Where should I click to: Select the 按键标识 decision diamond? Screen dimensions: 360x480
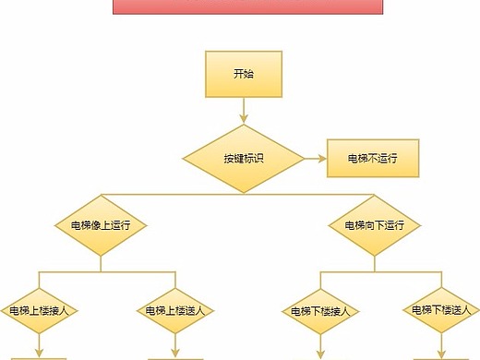244,158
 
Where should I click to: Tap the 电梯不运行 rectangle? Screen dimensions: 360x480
372,159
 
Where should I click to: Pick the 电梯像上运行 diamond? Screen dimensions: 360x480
101,224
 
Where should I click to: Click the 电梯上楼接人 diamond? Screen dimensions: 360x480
39,309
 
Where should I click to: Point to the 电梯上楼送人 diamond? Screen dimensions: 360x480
175,309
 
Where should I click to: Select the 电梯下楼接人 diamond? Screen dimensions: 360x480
320,310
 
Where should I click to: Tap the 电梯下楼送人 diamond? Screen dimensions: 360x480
440,309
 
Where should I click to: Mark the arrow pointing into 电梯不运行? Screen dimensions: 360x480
314,158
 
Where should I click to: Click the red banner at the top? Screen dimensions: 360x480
247,6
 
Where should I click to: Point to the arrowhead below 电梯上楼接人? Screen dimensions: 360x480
39,352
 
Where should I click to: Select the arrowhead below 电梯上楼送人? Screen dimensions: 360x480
175,352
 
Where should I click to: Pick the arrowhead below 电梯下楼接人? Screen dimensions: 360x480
320,353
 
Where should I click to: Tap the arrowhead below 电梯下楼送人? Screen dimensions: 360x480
440,352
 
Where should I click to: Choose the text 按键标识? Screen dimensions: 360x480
244,158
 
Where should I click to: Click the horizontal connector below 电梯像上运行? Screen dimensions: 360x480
106,272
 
